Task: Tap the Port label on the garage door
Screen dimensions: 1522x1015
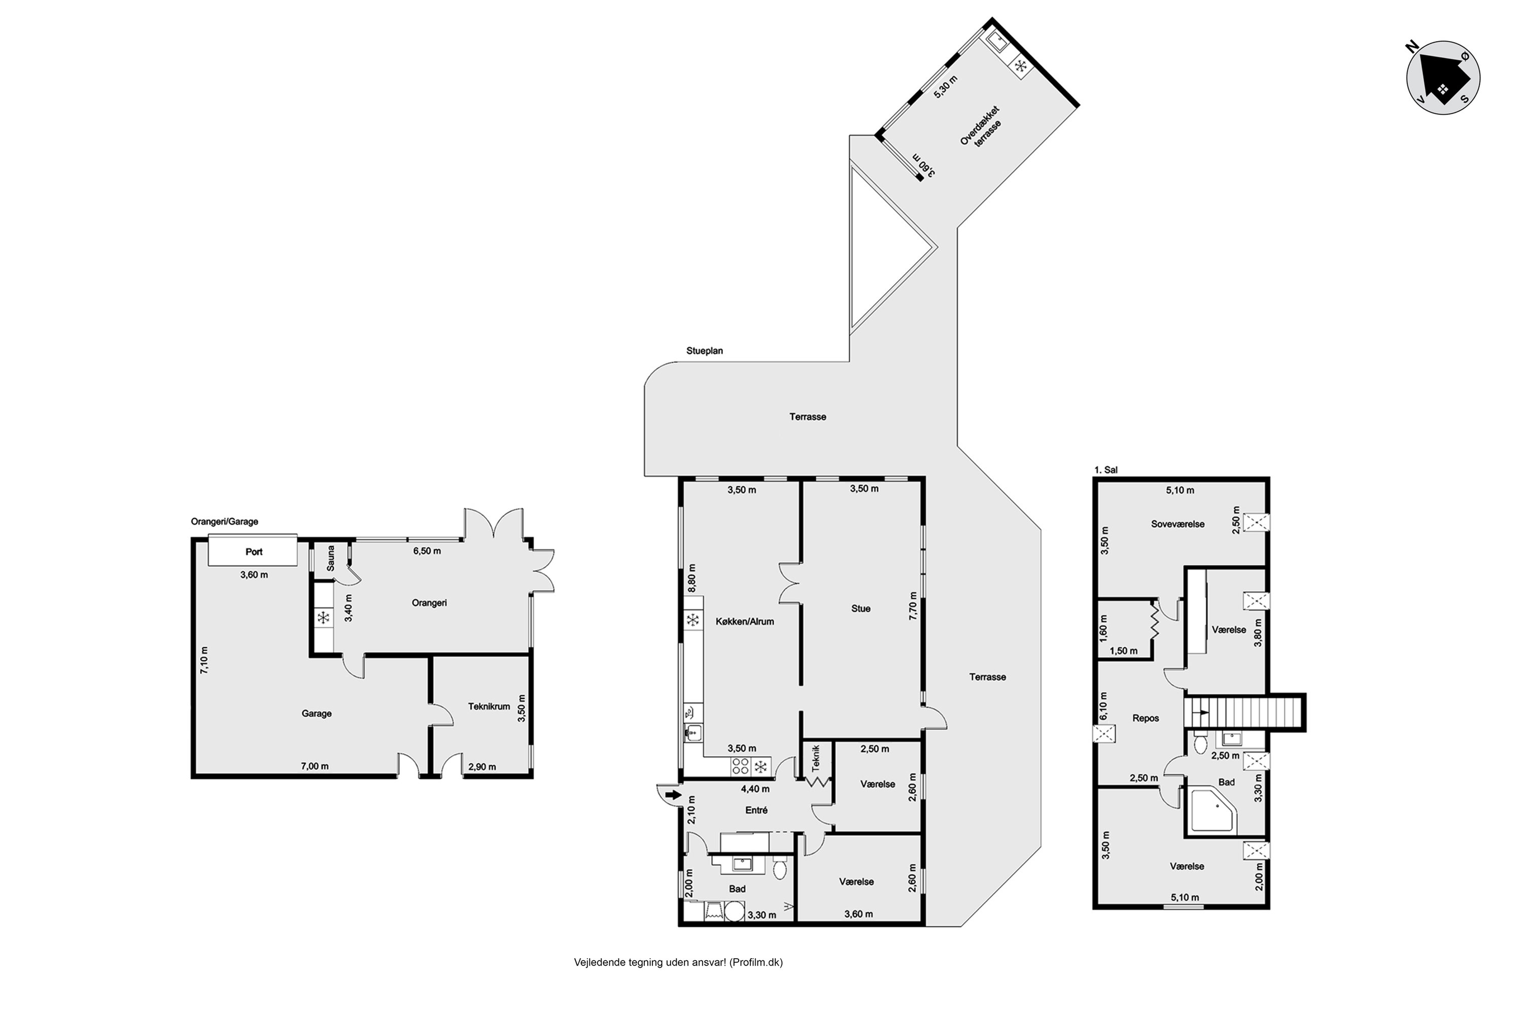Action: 254,552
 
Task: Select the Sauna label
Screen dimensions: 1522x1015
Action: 331,558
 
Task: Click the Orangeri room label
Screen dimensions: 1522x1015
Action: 429,603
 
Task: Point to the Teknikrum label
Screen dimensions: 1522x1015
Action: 489,706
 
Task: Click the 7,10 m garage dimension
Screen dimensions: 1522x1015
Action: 204,660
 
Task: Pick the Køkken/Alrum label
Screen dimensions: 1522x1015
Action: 745,621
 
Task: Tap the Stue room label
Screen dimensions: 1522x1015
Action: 860,608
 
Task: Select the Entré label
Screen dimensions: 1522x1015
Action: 756,810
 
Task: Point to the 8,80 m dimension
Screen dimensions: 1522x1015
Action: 692,578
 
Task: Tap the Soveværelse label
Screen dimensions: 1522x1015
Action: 1178,524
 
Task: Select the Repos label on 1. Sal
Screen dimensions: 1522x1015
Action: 1146,718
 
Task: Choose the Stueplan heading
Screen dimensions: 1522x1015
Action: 705,351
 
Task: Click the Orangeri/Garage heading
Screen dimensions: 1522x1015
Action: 225,521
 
